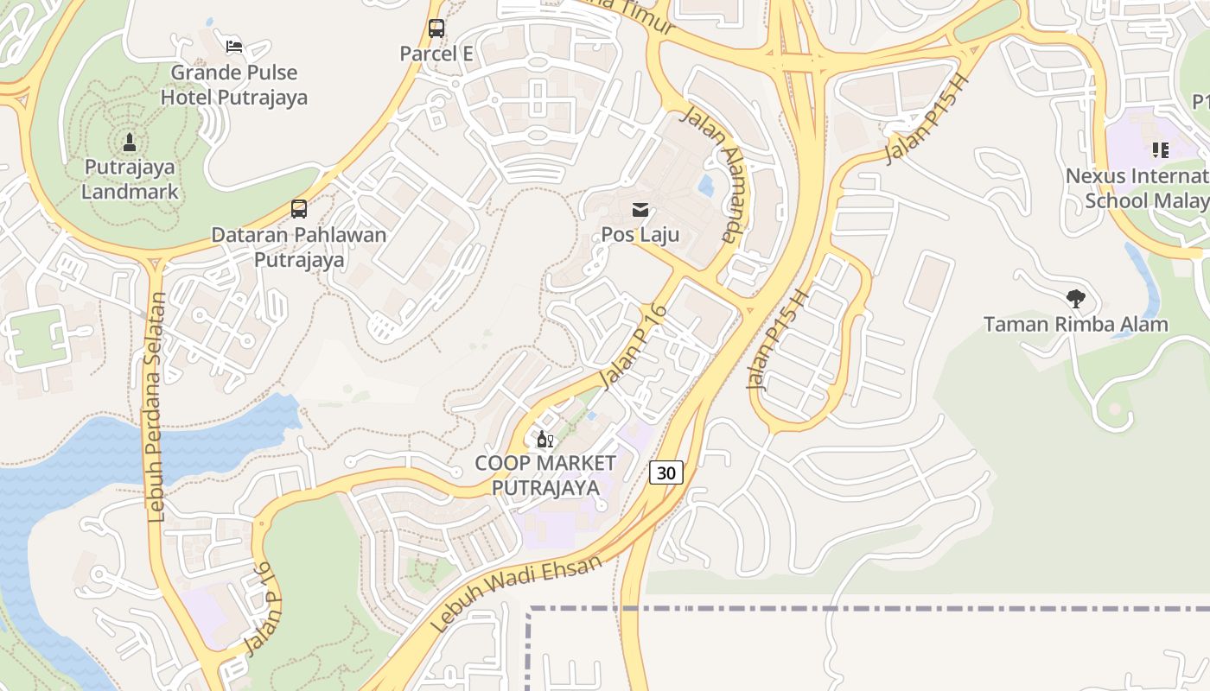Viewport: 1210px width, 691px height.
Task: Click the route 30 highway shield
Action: click(x=665, y=472)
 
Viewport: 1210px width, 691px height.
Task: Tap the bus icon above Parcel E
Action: click(x=436, y=29)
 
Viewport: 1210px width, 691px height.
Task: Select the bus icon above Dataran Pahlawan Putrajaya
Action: click(x=299, y=208)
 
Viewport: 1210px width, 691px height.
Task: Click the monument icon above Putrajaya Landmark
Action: click(x=130, y=142)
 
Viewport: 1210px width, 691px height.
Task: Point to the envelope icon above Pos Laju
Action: click(x=640, y=209)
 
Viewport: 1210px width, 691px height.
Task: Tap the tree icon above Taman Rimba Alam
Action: click(x=1076, y=299)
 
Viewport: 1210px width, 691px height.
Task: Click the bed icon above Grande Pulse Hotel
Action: click(x=233, y=46)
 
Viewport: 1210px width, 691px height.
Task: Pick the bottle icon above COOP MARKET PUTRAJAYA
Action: click(x=544, y=439)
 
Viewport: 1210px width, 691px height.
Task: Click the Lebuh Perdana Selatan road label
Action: click(x=156, y=407)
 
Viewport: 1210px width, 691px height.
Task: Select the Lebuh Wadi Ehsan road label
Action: click(x=515, y=595)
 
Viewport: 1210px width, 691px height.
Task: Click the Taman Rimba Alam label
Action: click(x=1076, y=325)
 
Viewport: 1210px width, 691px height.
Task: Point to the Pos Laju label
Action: click(x=640, y=234)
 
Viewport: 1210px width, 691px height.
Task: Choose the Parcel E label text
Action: click(x=436, y=54)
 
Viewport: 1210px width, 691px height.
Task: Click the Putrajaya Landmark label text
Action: click(x=130, y=179)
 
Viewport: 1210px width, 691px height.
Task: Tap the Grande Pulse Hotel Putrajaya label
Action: click(x=233, y=85)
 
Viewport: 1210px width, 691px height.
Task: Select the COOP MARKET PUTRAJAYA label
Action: click(x=545, y=475)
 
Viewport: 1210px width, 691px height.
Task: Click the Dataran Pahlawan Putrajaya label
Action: click(x=299, y=247)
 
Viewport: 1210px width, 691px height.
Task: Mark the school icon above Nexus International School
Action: click(x=1160, y=150)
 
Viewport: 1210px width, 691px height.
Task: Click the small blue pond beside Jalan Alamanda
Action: click(x=707, y=185)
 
